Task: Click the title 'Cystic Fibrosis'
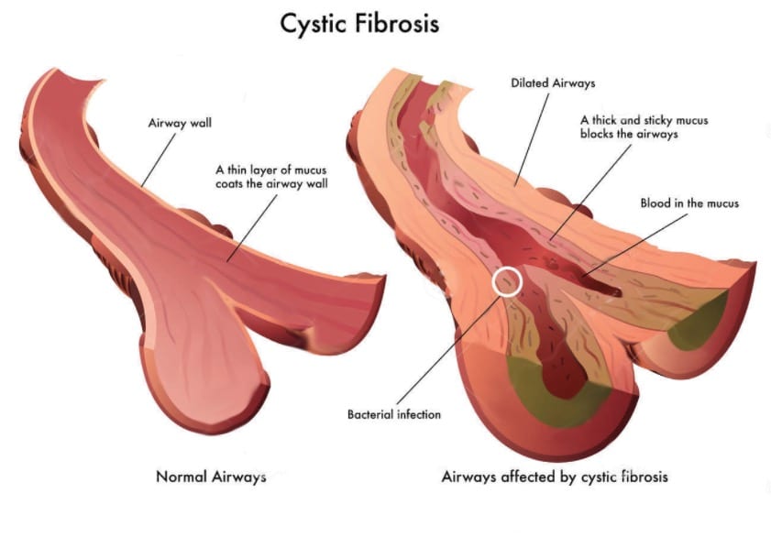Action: coord(359,24)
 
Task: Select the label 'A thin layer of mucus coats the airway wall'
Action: coord(272,176)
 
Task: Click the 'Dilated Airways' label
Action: coord(553,83)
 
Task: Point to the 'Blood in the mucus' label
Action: coord(688,203)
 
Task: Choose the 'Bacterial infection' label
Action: coord(394,415)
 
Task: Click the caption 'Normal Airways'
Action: coord(211,477)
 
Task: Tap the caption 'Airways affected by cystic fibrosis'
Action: coord(555,477)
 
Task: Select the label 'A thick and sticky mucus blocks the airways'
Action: coord(644,126)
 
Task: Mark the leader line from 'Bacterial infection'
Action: coord(449,348)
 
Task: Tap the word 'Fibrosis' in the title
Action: coord(395,24)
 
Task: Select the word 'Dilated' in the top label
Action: coord(529,83)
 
